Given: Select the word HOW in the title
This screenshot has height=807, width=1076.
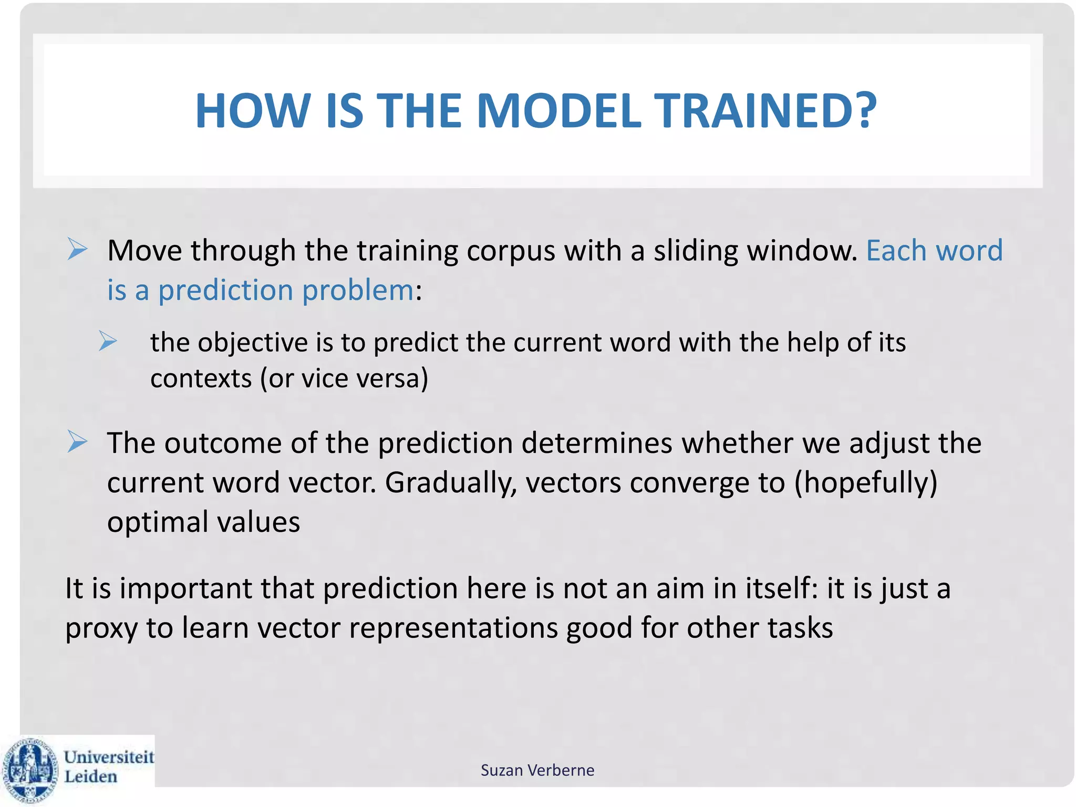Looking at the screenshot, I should [253, 111].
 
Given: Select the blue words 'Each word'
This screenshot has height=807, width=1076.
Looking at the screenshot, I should [934, 251].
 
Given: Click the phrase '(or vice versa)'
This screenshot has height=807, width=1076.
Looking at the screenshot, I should [344, 379].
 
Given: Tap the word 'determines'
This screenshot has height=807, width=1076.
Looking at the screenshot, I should [597, 443].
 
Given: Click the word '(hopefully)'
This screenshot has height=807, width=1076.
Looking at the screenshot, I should [865, 483].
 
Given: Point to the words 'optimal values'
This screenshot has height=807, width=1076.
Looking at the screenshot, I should [203, 522].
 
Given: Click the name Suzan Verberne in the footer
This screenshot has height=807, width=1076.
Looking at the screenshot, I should [537, 770].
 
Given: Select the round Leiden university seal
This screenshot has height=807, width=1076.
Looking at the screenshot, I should [30, 769].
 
